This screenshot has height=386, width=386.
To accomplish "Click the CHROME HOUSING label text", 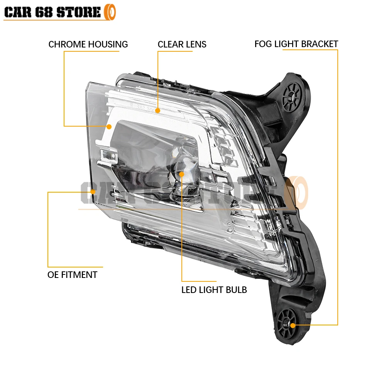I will coord(88,44).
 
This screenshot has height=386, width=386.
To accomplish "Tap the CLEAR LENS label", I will coord(182,44).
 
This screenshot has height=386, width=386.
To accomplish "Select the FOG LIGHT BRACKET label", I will coord(296,44).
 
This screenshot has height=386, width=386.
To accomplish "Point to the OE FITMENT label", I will coord(72,275).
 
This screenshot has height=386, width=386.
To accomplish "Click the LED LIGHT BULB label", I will coord(214,289).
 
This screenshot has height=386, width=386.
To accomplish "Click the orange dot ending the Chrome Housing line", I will coord(109,126).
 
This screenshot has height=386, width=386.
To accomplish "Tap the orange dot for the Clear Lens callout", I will coord(157,111).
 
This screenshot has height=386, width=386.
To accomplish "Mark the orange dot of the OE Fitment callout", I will coord(93,191).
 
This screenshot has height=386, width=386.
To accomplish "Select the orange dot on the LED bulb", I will coord(182,174).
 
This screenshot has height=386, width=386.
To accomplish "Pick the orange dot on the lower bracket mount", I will coord(293,325).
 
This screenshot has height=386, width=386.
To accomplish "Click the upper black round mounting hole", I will coord(291,94).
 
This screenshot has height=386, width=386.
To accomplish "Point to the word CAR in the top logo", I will coord(18,12).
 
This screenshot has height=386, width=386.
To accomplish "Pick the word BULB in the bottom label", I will coord(237,289).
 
